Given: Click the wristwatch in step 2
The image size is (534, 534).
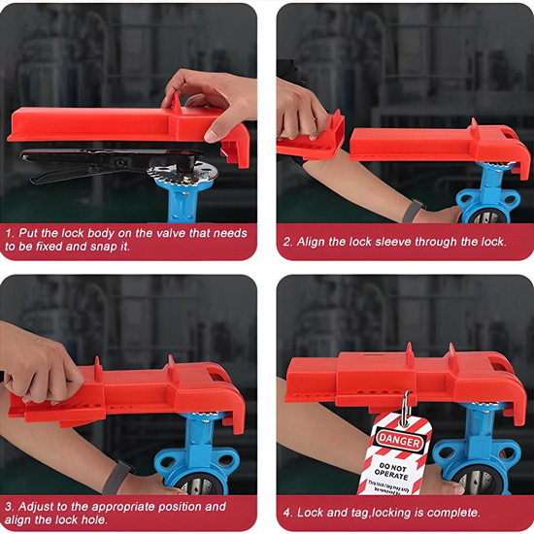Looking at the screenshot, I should [x=415, y=209].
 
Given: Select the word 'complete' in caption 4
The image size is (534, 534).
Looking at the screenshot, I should [x=449, y=513].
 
